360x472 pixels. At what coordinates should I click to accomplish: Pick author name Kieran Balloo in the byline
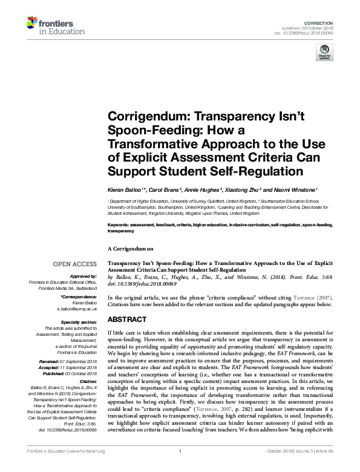[x=125, y=190]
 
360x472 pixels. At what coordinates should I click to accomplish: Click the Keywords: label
[x=120, y=224]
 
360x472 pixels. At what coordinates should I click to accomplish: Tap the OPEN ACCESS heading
[x=74, y=264]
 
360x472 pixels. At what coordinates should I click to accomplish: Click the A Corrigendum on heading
[x=131, y=248]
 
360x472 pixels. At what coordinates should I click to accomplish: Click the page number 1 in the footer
[x=180, y=467]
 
